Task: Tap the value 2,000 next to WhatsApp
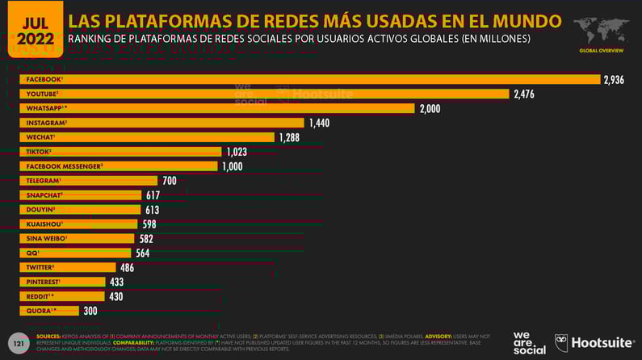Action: click(430, 108)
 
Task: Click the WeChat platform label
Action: click(40, 137)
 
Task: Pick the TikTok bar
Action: click(121, 152)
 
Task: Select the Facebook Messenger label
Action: click(65, 166)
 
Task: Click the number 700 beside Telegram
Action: click(169, 181)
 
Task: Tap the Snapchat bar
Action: click(81, 195)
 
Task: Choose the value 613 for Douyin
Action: click(152, 210)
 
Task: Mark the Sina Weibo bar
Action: click(78, 238)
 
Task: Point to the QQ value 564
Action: click(143, 253)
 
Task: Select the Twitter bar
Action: click(68, 267)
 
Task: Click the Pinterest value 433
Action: click(117, 282)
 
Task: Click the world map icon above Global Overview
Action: click(601, 31)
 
